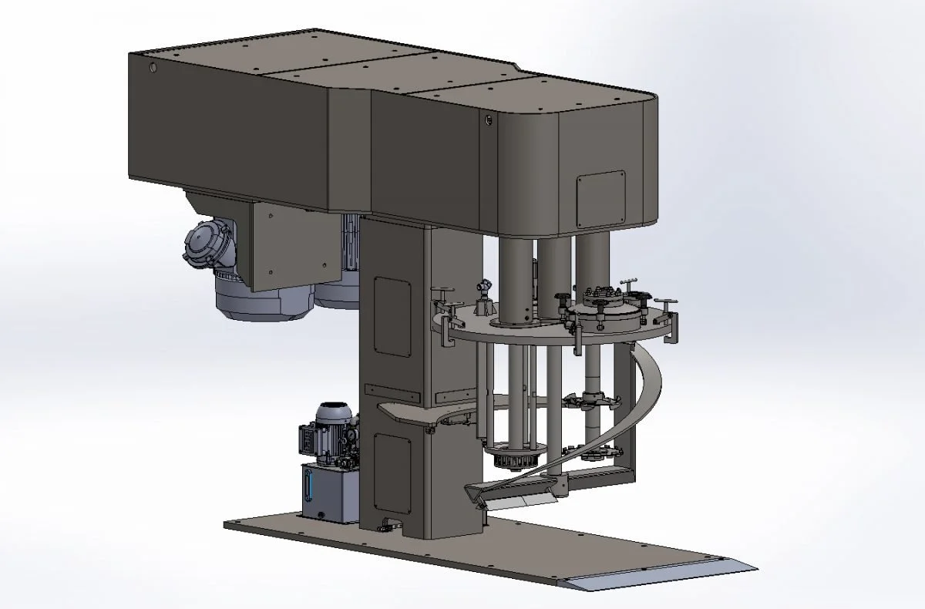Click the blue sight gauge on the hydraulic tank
tap(310, 488)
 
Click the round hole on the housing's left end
tap(153, 69)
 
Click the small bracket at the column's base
tap(385, 524)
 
